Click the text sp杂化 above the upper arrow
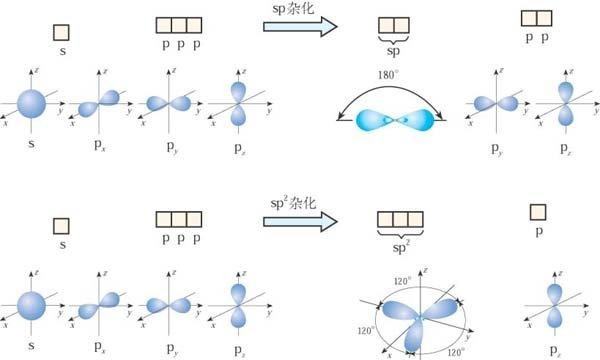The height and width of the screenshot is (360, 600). (293, 8)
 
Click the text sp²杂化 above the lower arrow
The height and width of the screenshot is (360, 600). (293, 202)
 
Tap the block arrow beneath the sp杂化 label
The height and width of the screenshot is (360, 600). (300, 26)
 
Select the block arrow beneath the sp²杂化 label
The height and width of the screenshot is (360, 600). (300, 222)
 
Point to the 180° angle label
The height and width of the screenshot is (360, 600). (388, 75)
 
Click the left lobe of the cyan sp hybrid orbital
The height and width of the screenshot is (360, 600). (374, 120)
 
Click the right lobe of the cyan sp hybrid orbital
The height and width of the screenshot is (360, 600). (418, 120)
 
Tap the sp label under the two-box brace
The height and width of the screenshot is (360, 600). (393, 51)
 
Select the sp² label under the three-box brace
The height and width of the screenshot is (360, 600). (401, 247)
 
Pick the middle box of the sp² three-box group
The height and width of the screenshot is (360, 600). (400, 220)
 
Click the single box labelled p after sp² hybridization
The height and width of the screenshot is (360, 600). (538, 212)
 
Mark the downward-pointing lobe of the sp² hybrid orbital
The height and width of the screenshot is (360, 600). (414, 336)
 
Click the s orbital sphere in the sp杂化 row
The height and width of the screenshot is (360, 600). (31, 104)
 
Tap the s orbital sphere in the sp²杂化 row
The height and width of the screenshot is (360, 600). (31, 306)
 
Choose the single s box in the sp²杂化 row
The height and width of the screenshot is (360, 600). (61, 226)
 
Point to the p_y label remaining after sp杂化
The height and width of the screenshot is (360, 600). (497, 149)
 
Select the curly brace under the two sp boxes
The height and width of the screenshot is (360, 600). (393, 39)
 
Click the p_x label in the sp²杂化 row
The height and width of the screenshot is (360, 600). (99, 347)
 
